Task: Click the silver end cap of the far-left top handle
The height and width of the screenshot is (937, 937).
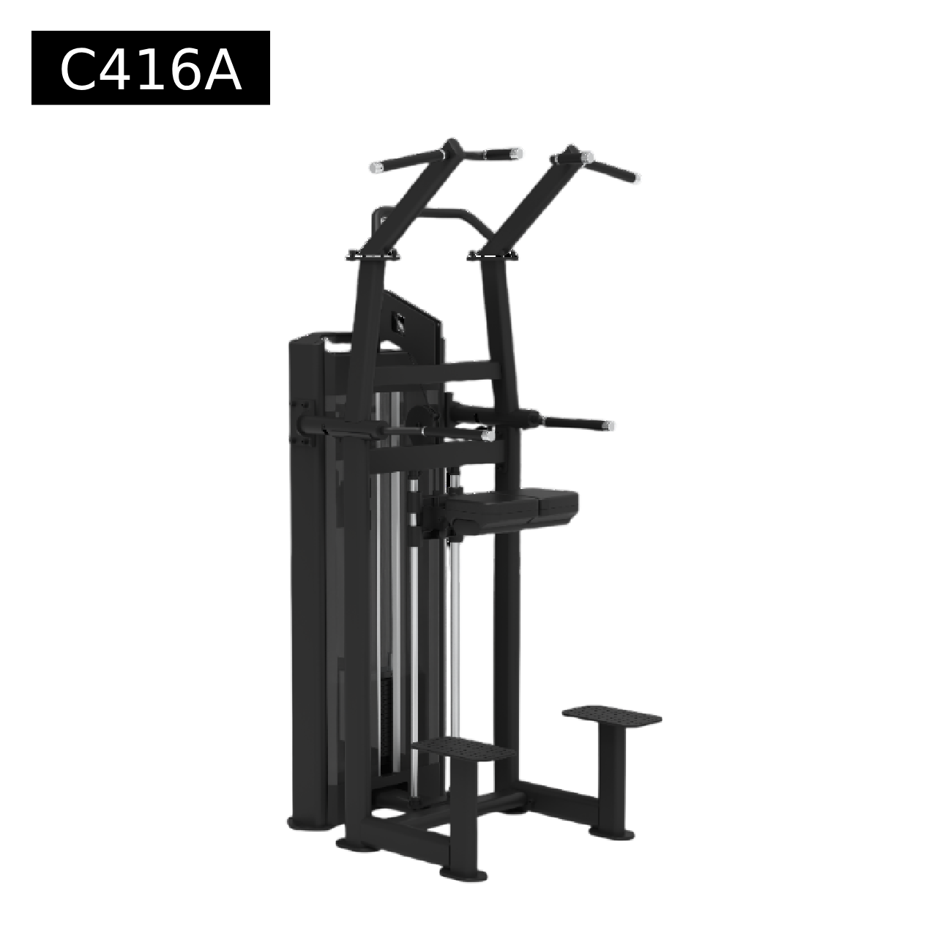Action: (376, 168)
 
